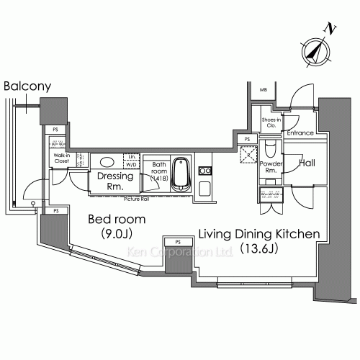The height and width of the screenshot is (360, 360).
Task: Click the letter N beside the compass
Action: [x=330, y=28]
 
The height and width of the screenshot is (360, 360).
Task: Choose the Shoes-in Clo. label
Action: [x=270, y=122]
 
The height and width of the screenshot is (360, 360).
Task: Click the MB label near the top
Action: [x=262, y=90]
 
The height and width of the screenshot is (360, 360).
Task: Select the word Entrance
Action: [x=299, y=133]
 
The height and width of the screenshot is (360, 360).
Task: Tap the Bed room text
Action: [x=117, y=219]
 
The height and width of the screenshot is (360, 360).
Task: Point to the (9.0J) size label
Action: [x=117, y=234]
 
